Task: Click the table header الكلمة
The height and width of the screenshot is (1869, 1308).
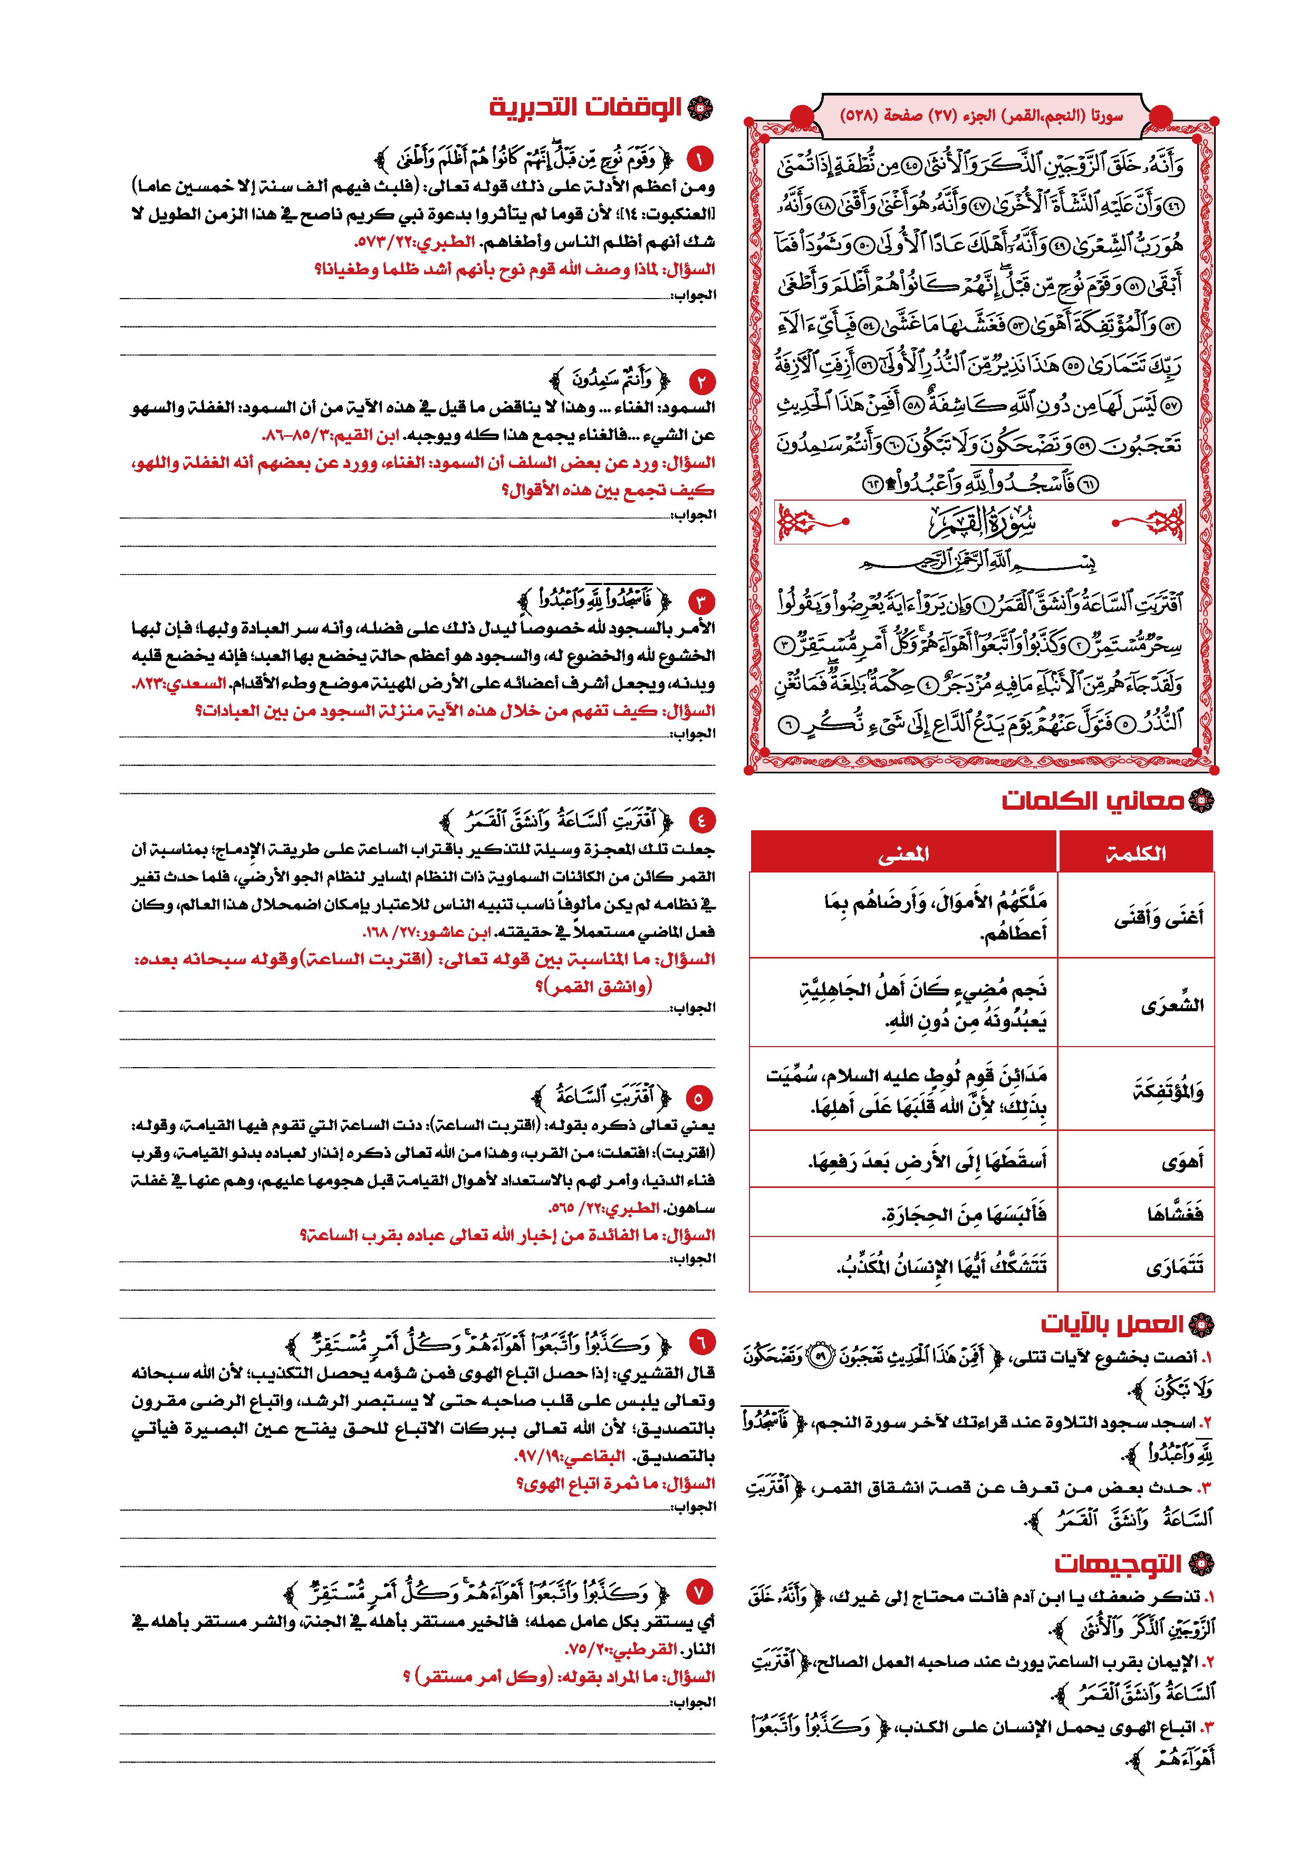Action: tap(1136, 853)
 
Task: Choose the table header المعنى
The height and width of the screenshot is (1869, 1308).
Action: tap(903, 853)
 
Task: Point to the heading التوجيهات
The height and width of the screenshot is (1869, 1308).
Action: tap(1119, 1564)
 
